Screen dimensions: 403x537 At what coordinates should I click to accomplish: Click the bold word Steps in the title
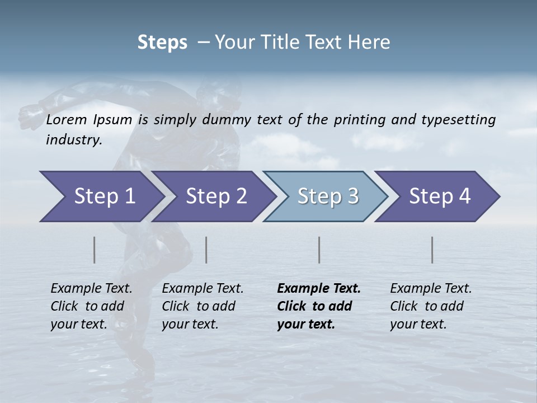pyautogui.click(x=162, y=43)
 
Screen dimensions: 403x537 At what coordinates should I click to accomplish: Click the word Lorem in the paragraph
pyautogui.click(x=67, y=119)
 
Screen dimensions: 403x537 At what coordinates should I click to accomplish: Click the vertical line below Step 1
pyautogui.click(x=94, y=250)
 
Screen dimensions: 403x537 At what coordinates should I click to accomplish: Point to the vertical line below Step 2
pyautogui.click(x=206, y=250)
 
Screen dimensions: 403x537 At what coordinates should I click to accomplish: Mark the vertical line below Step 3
pyautogui.click(x=319, y=250)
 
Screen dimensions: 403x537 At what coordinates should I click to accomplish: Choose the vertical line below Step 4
pyautogui.click(x=432, y=250)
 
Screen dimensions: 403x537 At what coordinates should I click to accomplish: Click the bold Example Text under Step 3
pyautogui.click(x=319, y=289)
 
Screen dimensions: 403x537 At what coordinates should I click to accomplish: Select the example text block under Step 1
pyautogui.click(x=91, y=306)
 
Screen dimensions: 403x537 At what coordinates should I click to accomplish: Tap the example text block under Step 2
pyautogui.click(x=202, y=306)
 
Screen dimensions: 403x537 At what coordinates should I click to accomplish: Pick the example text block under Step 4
pyautogui.click(x=431, y=306)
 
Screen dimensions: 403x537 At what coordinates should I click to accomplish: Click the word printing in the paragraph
pyautogui.click(x=360, y=120)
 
